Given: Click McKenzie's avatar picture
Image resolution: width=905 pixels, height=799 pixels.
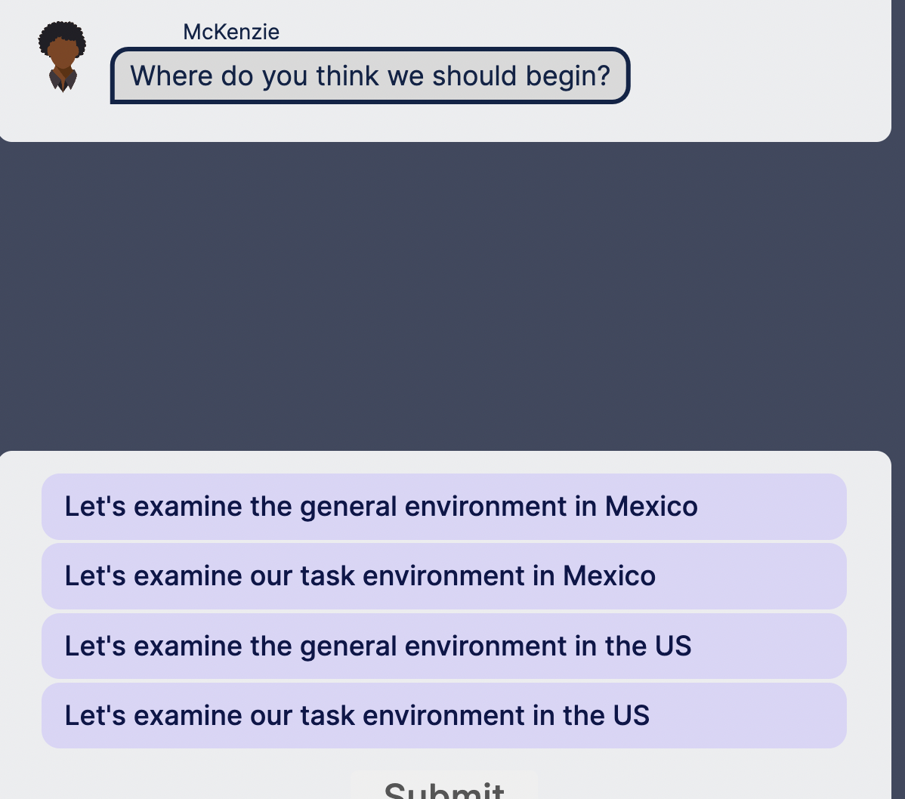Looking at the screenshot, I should (x=62, y=57).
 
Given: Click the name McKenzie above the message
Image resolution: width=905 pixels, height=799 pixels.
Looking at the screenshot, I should (x=231, y=32).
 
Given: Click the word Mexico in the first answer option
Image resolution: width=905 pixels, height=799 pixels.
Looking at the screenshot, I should (x=651, y=506).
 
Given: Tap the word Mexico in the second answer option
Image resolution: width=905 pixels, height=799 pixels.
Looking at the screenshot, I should (x=609, y=576).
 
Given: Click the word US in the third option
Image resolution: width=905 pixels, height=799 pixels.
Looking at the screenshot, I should (x=672, y=646).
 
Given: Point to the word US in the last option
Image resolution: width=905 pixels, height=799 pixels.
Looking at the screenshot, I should (x=630, y=715).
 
